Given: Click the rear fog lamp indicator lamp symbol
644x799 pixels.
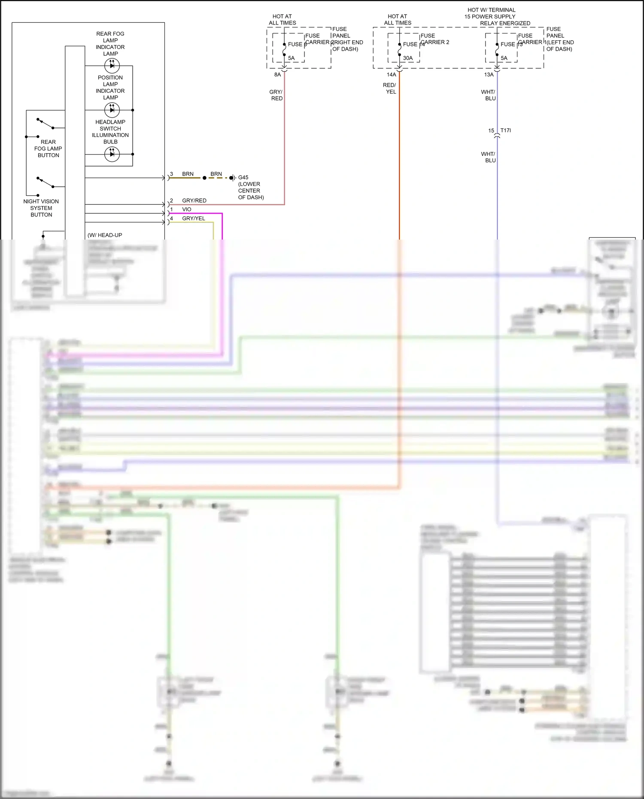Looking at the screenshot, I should (112, 66).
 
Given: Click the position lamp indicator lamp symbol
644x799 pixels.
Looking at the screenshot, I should (112, 110).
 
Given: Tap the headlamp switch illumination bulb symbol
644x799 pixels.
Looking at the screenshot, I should (112, 154).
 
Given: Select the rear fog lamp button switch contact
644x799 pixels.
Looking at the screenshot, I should (45, 124).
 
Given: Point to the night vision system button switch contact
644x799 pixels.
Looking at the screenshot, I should (45, 182).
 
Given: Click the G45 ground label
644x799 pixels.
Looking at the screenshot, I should (243, 177).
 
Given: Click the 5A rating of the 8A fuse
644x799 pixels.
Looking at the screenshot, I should (292, 58).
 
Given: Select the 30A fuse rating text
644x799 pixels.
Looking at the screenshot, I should (408, 58).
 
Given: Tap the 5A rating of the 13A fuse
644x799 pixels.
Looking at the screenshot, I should (504, 58).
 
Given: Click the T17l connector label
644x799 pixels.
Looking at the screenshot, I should (506, 131).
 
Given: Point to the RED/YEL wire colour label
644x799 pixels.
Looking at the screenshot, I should (390, 88).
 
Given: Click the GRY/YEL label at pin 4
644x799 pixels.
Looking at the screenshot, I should (194, 219).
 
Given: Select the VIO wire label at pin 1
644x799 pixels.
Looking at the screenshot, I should (187, 210).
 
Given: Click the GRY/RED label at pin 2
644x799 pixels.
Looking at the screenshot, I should (194, 201).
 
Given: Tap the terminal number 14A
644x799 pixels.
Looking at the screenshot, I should (392, 75).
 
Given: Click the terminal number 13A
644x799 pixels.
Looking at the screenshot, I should (489, 75).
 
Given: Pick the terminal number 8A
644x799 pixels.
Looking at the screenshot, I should (278, 75).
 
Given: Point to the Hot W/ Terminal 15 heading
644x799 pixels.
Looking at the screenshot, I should (492, 13).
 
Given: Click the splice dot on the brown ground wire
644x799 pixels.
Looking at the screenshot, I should (204, 178).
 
